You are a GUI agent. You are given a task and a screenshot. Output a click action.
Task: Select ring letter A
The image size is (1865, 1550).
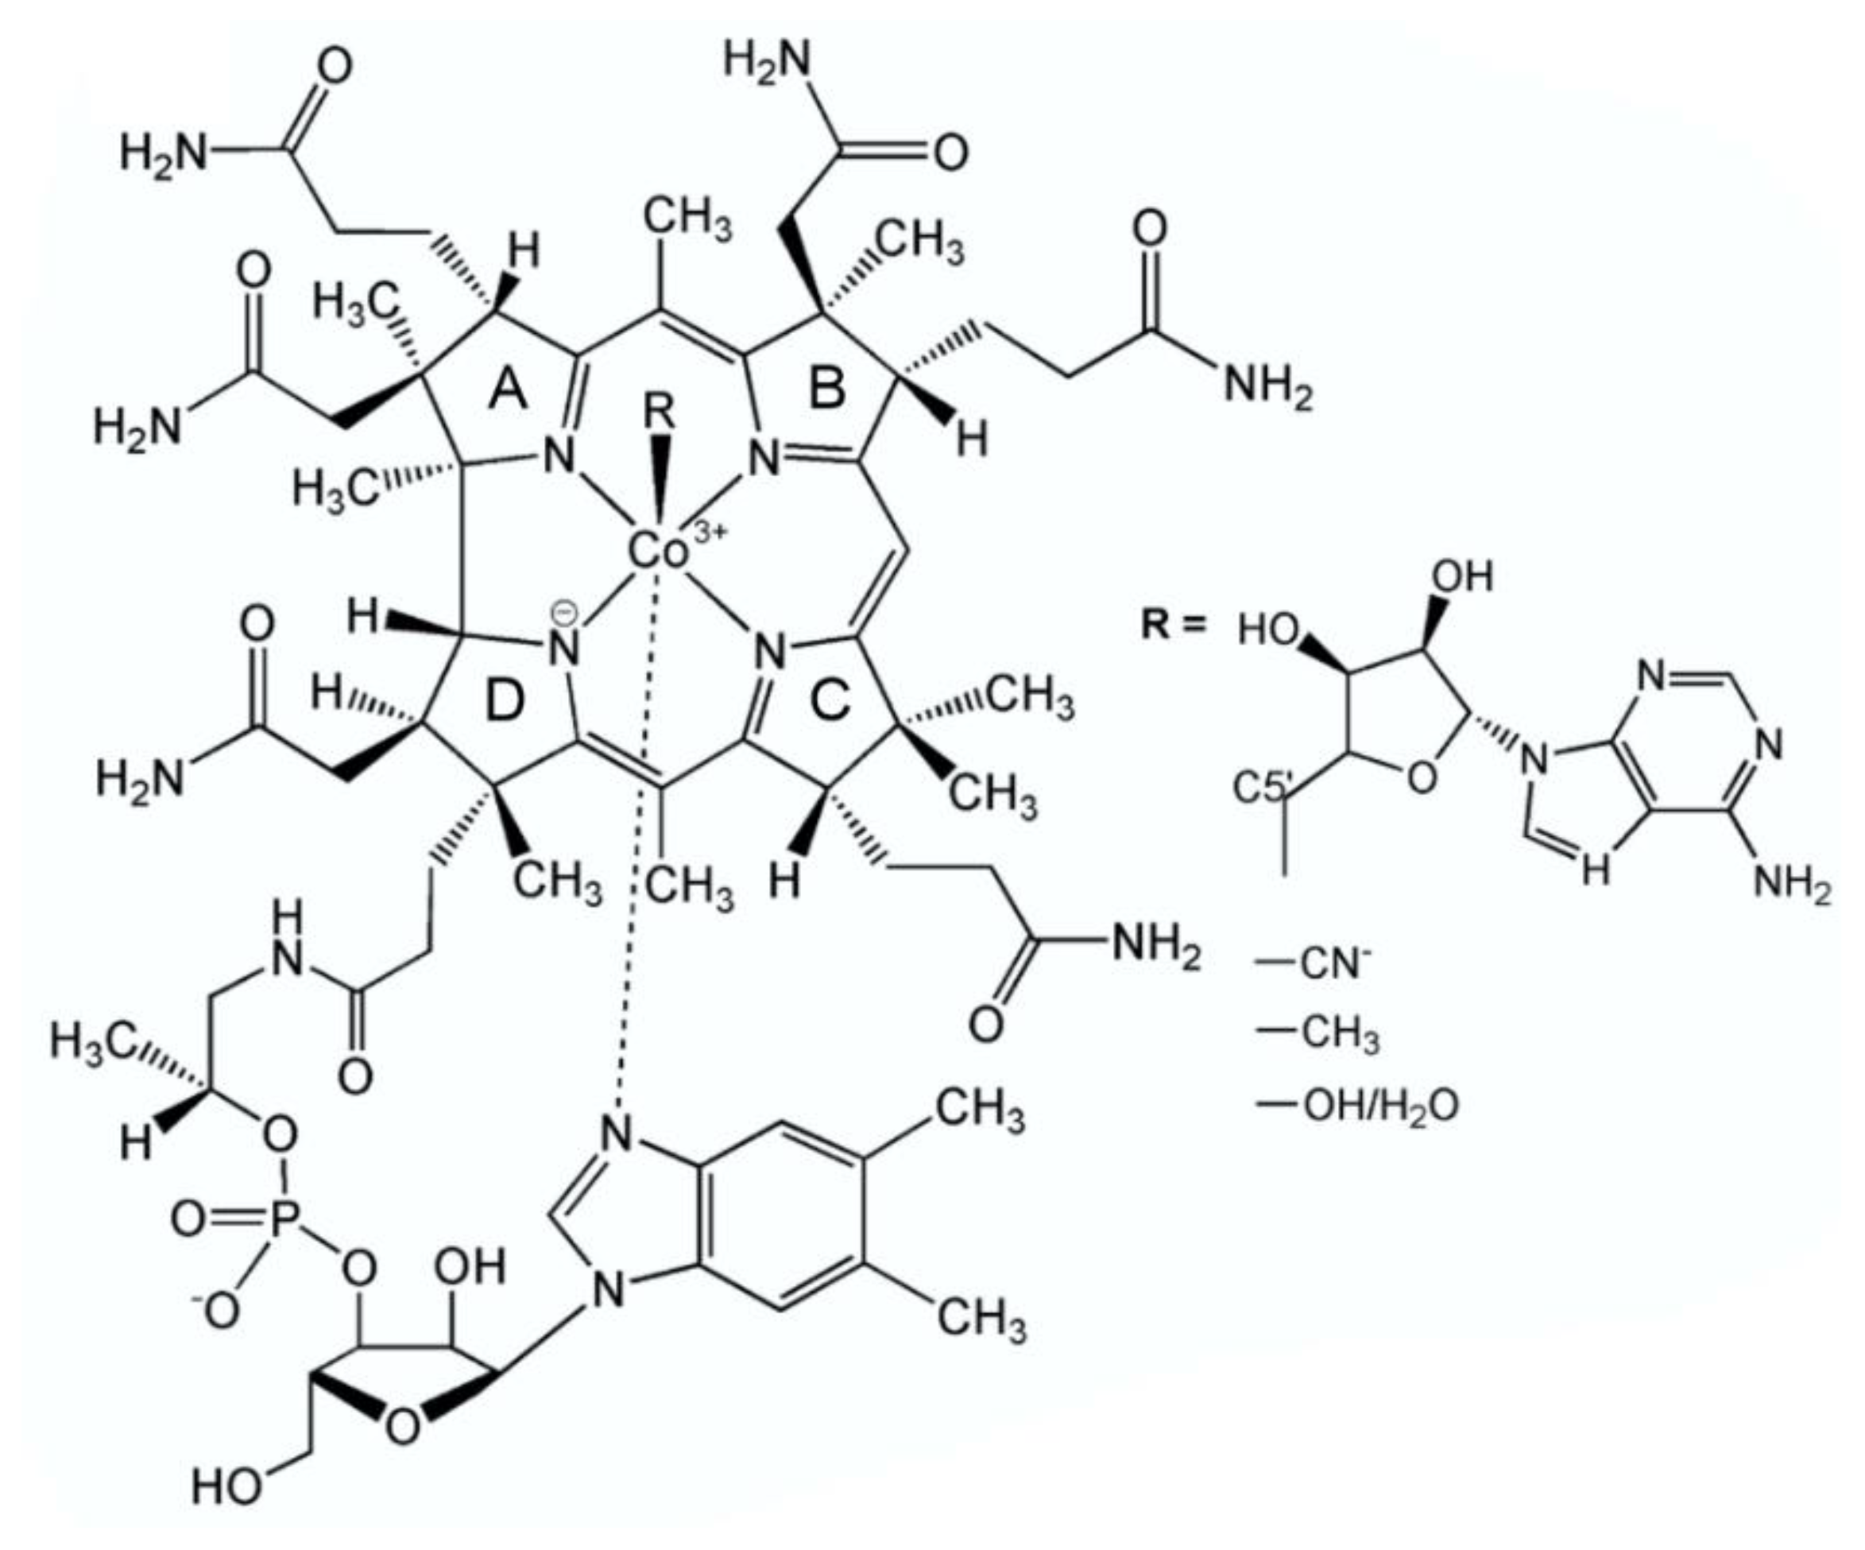click(509, 391)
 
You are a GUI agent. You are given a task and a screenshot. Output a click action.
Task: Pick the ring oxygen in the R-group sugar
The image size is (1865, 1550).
click(1421, 779)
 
